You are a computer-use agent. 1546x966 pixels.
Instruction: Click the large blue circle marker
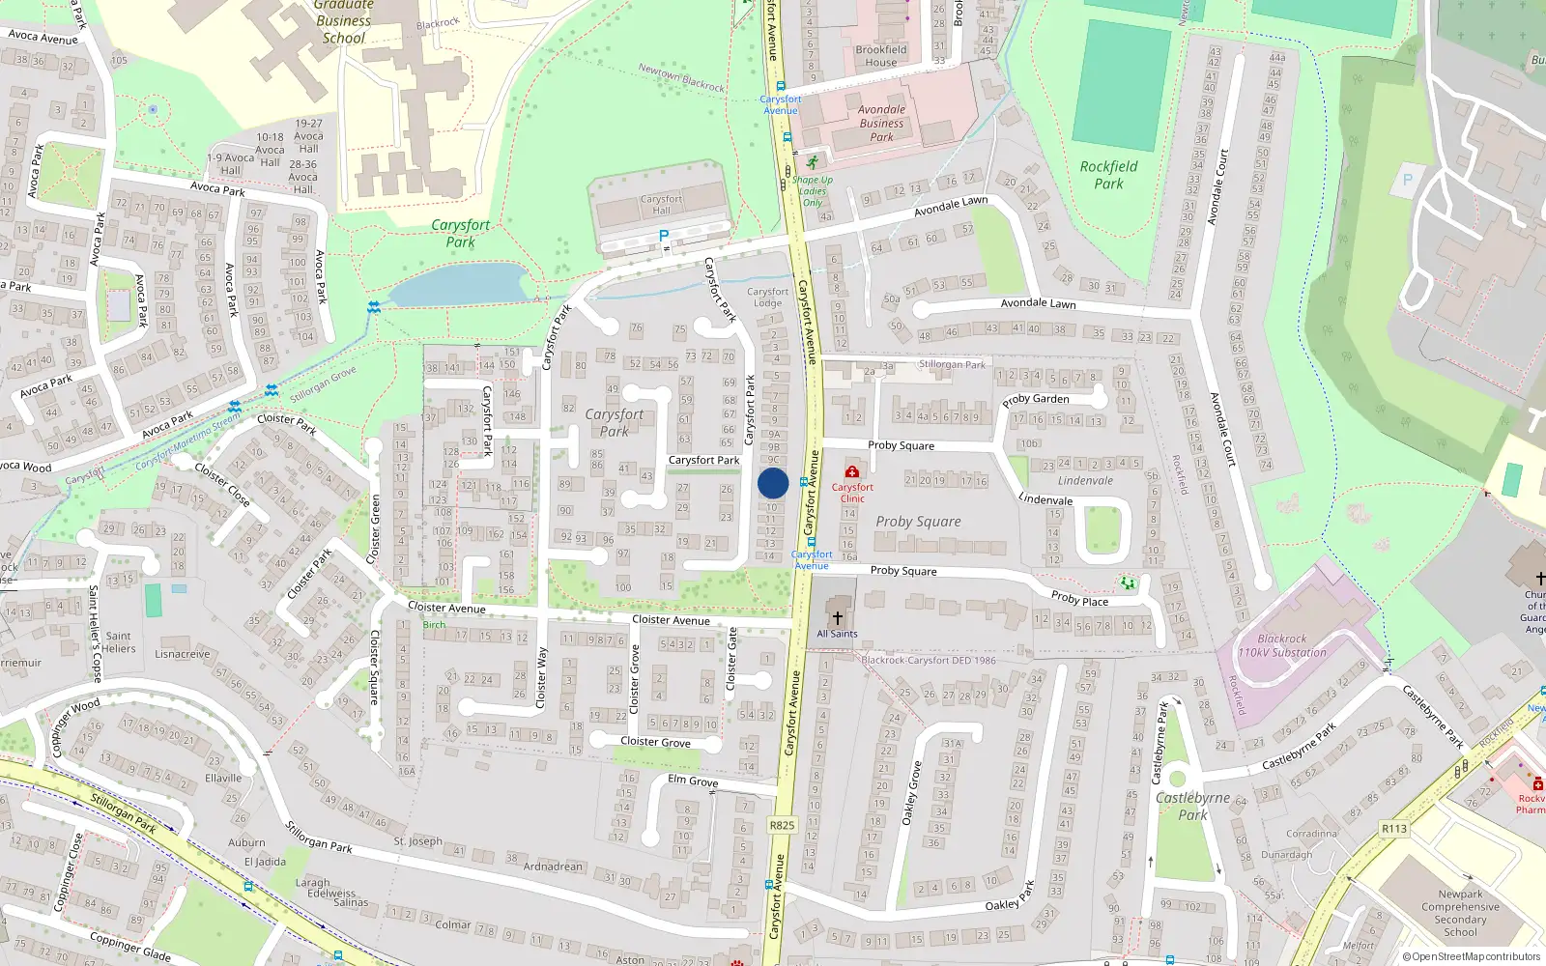773,484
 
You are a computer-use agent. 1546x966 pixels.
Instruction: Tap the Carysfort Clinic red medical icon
852,471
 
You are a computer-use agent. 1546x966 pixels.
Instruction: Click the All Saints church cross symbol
837,617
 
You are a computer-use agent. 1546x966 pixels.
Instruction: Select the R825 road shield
782,825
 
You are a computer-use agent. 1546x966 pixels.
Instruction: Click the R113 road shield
1393,829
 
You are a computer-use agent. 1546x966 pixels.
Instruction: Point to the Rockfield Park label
1108,175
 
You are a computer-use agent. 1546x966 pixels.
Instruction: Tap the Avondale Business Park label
881,123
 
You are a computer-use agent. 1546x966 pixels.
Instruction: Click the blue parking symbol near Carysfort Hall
664,236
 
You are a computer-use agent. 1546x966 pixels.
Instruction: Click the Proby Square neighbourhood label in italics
918,522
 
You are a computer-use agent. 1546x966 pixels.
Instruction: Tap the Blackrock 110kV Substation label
1282,645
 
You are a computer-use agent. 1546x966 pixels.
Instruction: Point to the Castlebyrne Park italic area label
1193,806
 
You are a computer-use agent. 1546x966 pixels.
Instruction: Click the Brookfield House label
881,56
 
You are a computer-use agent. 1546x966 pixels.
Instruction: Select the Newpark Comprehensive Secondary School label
1460,913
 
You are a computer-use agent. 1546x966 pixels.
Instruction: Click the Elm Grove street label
693,781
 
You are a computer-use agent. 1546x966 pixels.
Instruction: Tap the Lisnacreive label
183,654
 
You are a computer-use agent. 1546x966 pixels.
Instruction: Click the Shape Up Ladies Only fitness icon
813,162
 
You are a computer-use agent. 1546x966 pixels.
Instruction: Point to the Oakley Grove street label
911,792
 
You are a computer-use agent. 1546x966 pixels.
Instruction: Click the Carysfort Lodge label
767,297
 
